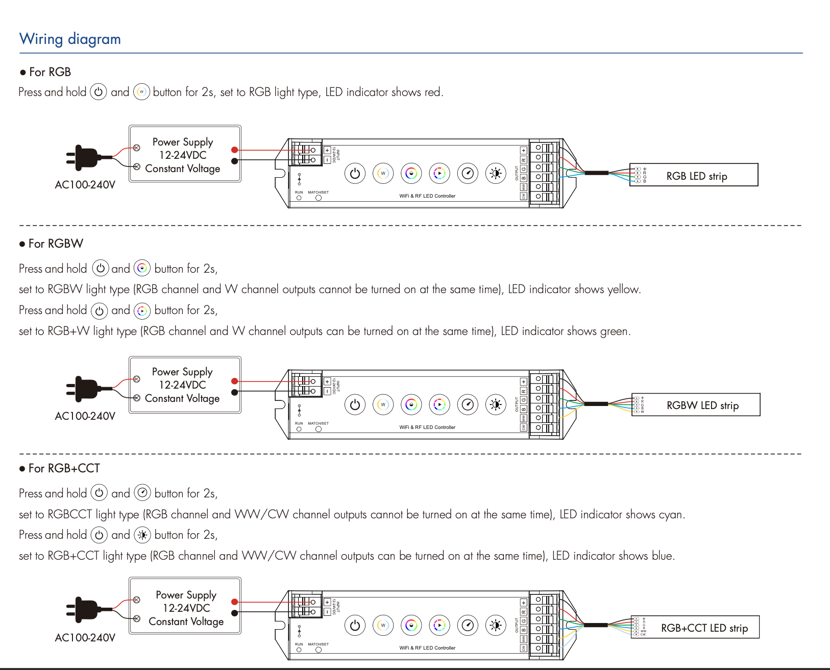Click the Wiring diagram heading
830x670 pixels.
pos(70,39)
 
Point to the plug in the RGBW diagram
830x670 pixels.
pos(84,389)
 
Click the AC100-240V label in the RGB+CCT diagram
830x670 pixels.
pos(85,638)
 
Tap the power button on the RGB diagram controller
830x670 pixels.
pos(355,174)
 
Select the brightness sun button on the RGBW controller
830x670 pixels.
pos(495,405)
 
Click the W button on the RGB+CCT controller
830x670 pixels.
pos(383,625)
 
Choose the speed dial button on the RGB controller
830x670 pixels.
pos(468,174)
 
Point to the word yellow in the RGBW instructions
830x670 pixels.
pos(623,290)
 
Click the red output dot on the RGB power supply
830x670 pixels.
pos(234,150)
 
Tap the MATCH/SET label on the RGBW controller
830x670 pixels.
pos(318,423)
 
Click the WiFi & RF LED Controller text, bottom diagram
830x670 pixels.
pos(427,648)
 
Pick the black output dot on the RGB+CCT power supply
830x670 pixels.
pos(234,613)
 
